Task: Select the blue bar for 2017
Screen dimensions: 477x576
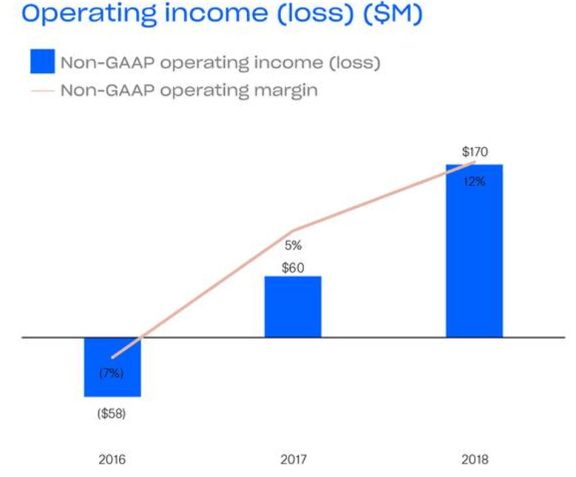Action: [293, 306]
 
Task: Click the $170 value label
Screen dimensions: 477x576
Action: [474, 152]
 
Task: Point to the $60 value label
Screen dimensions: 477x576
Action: [293, 268]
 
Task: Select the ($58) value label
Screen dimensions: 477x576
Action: [112, 413]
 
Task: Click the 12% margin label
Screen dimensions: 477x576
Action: [474, 182]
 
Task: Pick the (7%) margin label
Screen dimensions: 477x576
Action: [112, 373]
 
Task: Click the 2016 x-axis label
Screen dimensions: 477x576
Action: [112, 459]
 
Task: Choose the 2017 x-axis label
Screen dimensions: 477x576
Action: [293, 459]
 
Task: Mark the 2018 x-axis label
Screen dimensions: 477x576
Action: [474, 459]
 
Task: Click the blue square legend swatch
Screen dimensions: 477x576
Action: [42, 62]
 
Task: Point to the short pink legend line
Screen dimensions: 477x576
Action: [42, 91]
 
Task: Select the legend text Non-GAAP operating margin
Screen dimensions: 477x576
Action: [189, 91]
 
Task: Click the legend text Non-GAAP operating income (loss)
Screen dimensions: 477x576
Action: [220, 63]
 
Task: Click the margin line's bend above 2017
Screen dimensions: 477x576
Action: [294, 231]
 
